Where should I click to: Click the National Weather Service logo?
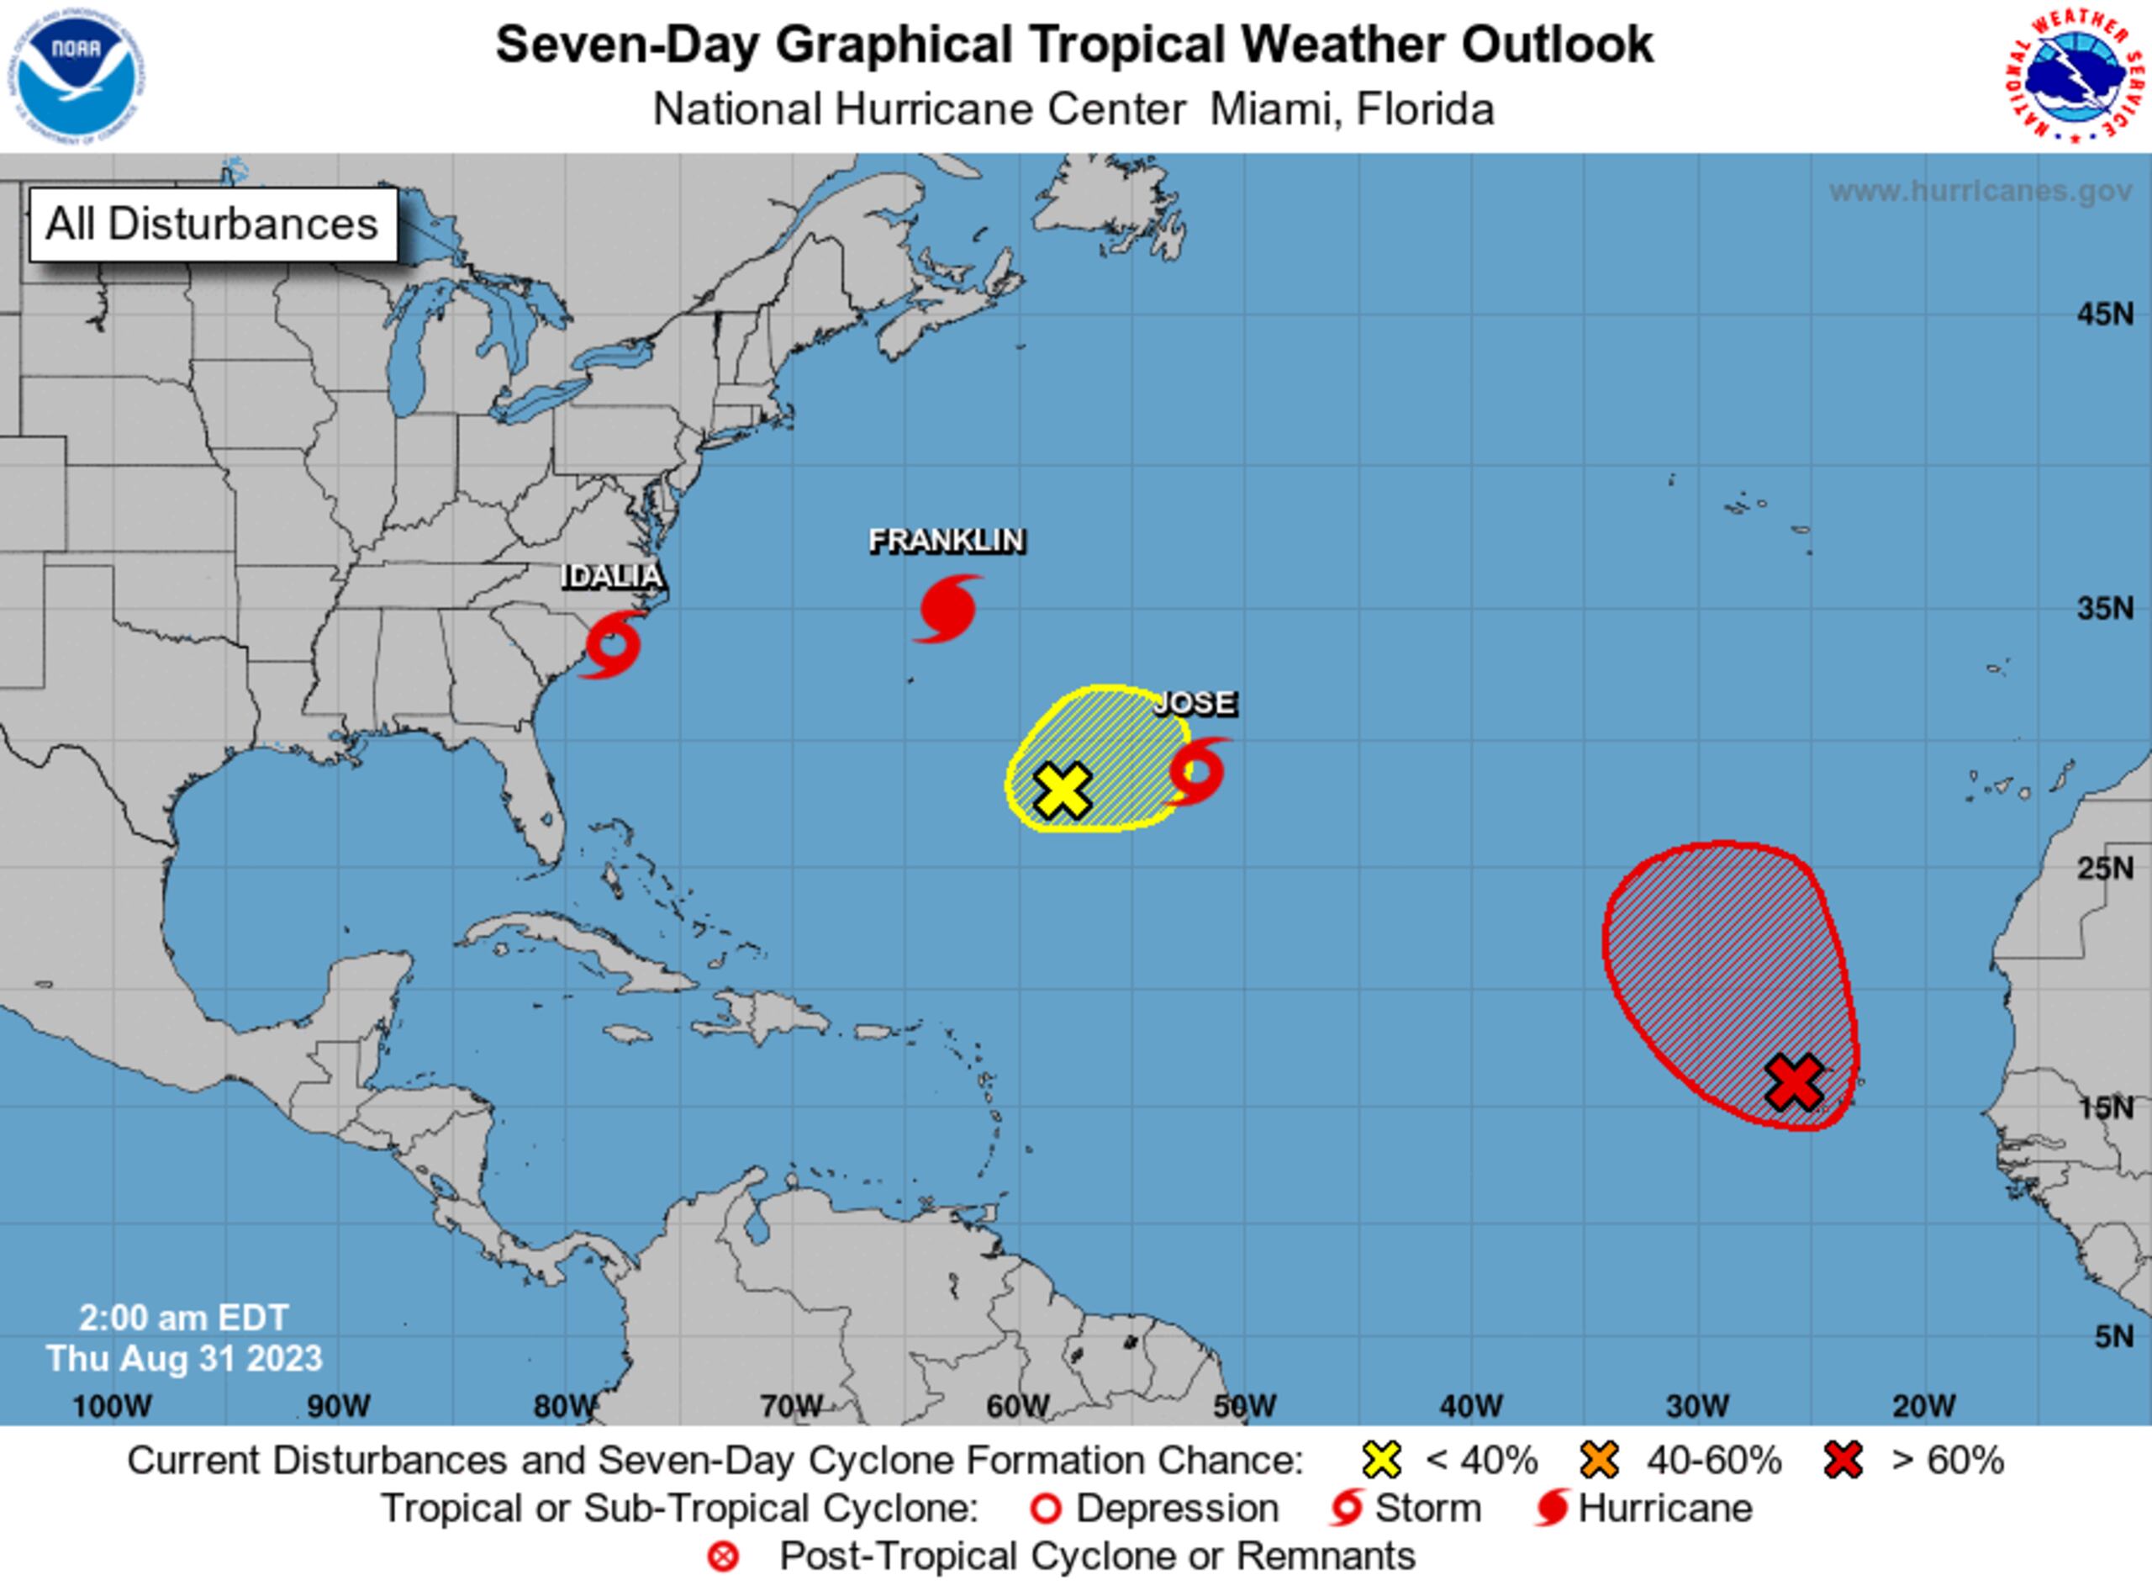[2077, 77]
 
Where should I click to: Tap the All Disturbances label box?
[213, 225]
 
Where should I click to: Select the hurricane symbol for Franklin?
[948, 609]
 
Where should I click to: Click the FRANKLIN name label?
[947, 542]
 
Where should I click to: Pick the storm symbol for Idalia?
[612, 644]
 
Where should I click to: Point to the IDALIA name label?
[612, 576]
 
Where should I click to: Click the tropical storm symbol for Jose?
[1197, 771]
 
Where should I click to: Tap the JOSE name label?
[1195, 703]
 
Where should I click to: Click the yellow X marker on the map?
[1062, 790]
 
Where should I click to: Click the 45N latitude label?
[2105, 314]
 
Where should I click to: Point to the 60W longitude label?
[1018, 1406]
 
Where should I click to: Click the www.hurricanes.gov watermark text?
[1981, 191]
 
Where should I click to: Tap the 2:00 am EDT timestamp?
[184, 1318]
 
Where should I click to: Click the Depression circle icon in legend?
[1046, 1509]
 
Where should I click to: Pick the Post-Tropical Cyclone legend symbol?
[723, 1557]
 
